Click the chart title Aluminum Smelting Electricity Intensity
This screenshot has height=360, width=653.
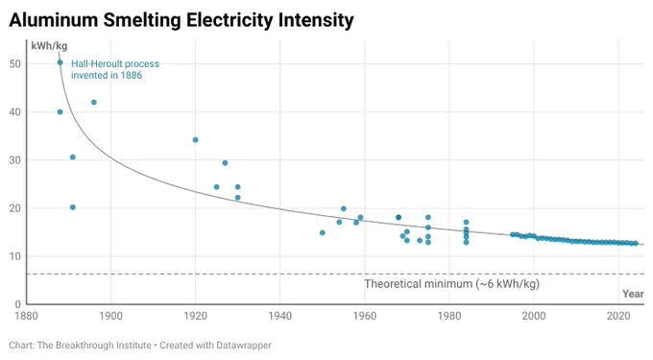click(x=181, y=20)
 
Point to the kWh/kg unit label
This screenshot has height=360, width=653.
click(x=49, y=46)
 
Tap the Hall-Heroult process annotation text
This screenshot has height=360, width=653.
click(x=115, y=69)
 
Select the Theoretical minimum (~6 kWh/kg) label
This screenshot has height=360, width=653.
click(x=452, y=284)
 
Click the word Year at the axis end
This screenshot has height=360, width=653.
click(x=633, y=294)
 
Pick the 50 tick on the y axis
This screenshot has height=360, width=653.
click(x=15, y=64)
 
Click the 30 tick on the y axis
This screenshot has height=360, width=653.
click(x=15, y=160)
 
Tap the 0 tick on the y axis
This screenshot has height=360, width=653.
click(x=17, y=304)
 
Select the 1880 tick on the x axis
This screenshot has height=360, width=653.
click(x=26, y=316)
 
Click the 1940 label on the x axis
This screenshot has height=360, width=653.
click(x=279, y=316)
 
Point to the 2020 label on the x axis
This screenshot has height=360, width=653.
click(x=618, y=316)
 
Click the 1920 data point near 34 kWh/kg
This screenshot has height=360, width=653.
click(x=195, y=140)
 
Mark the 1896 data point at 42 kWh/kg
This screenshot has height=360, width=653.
click(x=94, y=103)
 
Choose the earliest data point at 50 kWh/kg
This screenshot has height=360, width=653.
click(x=60, y=62)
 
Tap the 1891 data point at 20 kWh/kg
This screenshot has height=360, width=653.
click(x=72, y=207)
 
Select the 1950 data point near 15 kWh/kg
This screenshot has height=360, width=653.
click(x=323, y=232)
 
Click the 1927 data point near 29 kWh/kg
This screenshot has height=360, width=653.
click(x=225, y=163)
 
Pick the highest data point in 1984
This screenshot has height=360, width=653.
click(x=466, y=223)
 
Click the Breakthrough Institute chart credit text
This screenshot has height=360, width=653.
click(x=140, y=346)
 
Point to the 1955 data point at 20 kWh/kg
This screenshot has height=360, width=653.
click(x=344, y=208)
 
